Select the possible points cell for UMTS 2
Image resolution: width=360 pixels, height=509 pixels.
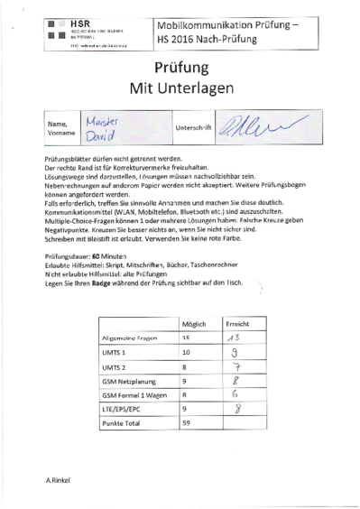187,367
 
